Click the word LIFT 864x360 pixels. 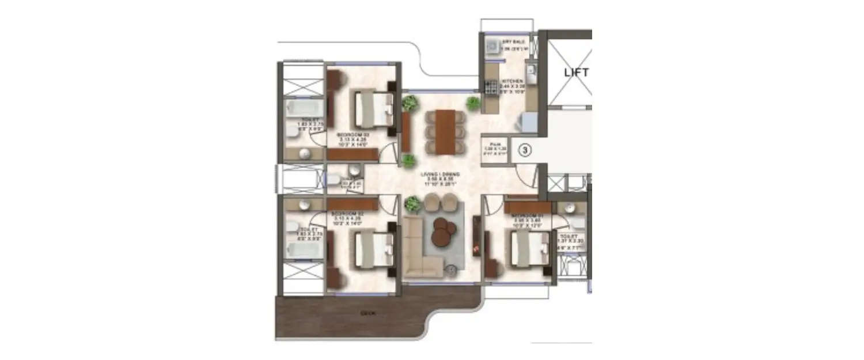[x=576, y=73]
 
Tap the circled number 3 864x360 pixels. [x=525, y=150]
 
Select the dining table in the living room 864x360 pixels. [x=444, y=132]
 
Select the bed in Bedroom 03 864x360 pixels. [x=373, y=109]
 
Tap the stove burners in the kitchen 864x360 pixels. [x=491, y=87]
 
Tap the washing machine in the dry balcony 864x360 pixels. [x=494, y=47]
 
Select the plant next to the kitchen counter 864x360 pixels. [x=473, y=104]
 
